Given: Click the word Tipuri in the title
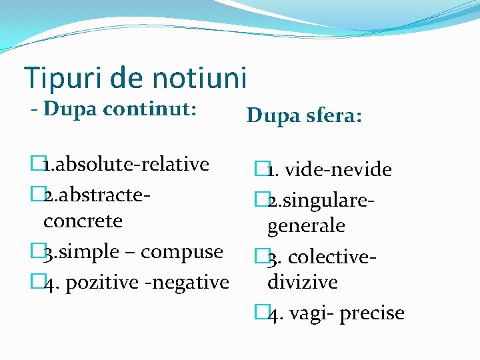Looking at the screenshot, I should [58, 78].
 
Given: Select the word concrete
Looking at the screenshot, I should [83, 220].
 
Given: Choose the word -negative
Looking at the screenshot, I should [187, 282].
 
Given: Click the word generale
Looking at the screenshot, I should [306, 226].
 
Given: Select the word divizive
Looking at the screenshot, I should [302, 282].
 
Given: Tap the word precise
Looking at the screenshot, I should [372, 313].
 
